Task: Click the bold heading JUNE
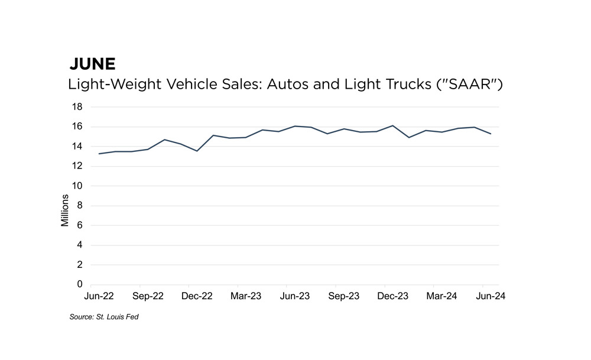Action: pos(92,64)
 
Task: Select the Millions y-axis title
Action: pos(65,212)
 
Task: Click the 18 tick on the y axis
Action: pos(77,107)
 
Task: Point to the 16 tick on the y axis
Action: pos(77,127)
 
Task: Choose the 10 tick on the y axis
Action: pos(77,186)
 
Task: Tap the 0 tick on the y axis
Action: pos(80,284)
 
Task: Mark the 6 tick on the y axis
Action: pos(80,225)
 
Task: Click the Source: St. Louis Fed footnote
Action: pos(104,317)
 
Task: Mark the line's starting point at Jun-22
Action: pos(99,154)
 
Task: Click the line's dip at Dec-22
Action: pos(197,151)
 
